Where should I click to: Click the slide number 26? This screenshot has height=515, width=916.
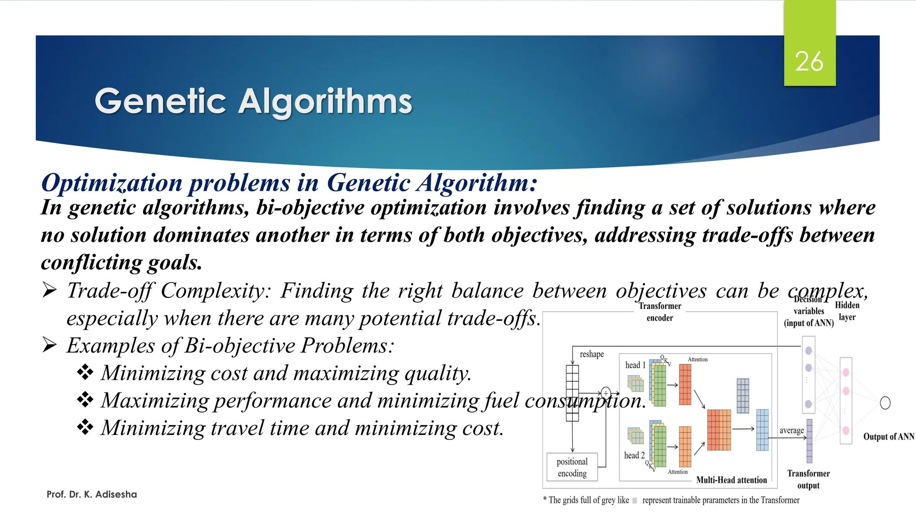coord(809,61)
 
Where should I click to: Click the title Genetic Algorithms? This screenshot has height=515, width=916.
coord(253,101)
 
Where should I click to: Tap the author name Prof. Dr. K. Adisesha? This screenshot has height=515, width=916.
coord(92,494)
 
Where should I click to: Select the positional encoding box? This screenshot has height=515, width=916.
coord(572,467)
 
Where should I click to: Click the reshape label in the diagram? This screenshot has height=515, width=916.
coord(592,354)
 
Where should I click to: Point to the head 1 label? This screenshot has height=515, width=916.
coord(635,365)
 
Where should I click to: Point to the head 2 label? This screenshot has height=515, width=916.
coord(634,456)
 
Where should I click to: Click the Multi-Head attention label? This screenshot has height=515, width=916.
coord(731,480)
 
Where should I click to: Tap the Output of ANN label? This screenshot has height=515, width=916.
coord(888,437)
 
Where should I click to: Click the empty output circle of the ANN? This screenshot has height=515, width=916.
coord(885,403)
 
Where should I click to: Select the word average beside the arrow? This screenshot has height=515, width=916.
coord(791,431)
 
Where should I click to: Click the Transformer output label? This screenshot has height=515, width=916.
coord(808,479)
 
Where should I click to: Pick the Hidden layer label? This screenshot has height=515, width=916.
coord(847,311)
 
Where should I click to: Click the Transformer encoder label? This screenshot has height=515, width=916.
coord(660,312)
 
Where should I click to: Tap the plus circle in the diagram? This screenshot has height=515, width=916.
coord(606,393)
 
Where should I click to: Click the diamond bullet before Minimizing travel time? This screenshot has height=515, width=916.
coord(85,427)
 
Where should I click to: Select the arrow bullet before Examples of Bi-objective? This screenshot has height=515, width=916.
coord(49,345)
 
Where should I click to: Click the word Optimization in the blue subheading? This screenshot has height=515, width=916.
coord(112,183)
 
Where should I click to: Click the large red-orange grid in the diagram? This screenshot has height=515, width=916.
coord(719,430)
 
